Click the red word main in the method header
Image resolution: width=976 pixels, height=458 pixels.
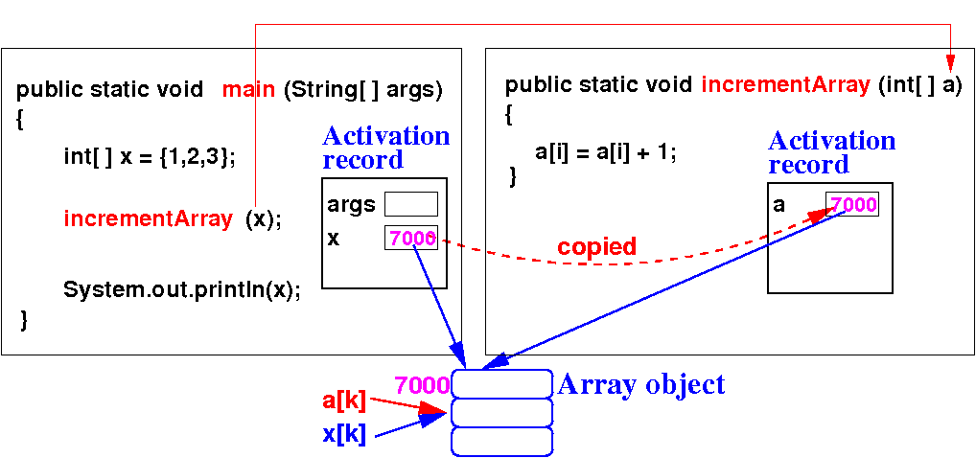[249, 91]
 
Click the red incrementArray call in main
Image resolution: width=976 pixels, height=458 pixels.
[148, 218]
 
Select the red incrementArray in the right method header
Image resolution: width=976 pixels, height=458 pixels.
[786, 84]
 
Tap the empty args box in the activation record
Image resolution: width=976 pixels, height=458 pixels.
[410, 204]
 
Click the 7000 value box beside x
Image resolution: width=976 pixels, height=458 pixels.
[411, 238]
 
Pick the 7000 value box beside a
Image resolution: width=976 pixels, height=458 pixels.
[852, 204]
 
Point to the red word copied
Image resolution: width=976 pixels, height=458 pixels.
[596, 247]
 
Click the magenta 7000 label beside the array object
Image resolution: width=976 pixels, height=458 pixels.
[422, 385]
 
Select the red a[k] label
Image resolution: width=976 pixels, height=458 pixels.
[343, 401]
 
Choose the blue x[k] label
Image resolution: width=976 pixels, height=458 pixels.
[344, 433]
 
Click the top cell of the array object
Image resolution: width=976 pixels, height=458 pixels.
[501, 384]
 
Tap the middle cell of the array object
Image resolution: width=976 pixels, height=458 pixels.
[501, 413]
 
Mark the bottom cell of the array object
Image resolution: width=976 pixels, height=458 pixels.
[501, 441]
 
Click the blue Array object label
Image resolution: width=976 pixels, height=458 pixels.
[641, 385]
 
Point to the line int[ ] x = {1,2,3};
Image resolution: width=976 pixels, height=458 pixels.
[149, 155]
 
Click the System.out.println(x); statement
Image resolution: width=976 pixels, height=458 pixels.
[181, 290]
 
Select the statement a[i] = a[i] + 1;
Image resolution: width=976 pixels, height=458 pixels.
[605, 151]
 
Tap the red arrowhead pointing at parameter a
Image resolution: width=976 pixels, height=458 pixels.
[950, 55]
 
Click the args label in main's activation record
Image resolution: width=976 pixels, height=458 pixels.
[351, 204]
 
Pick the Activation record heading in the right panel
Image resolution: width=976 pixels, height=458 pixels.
[830, 152]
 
